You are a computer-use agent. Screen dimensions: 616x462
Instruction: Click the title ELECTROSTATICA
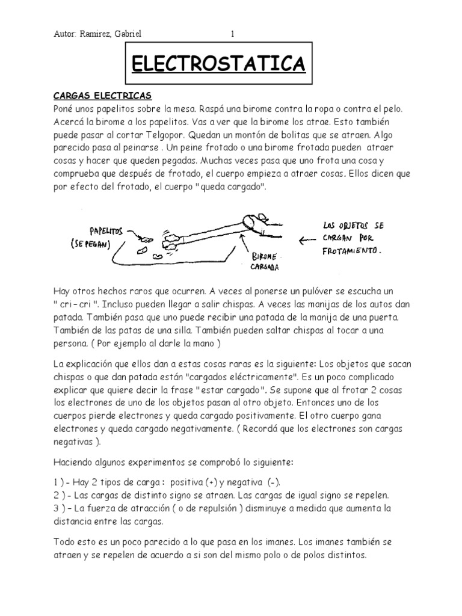coord(218,64)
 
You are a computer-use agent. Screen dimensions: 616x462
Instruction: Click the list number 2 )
coord(61,496)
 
